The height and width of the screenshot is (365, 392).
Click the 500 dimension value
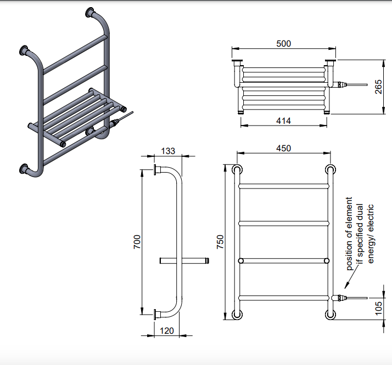pyautogui.click(x=283, y=43)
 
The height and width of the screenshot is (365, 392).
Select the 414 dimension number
pyautogui.click(x=283, y=121)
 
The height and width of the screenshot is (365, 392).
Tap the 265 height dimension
pyautogui.click(x=379, y=86)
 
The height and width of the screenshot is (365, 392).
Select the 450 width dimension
pyautogui.click(x=283, y=148)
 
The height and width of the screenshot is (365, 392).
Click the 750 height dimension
pyautogui.click(x=220, y=242)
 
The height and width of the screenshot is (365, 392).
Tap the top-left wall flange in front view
pyautogui.click(x=238, y=169)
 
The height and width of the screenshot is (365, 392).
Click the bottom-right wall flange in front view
pyautogui.click(x=330, y=315)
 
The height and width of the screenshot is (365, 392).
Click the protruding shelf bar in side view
pyautogui.click(x=184, y=260)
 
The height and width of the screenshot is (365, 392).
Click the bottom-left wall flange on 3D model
pyautogui.click(x=24, y=168)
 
